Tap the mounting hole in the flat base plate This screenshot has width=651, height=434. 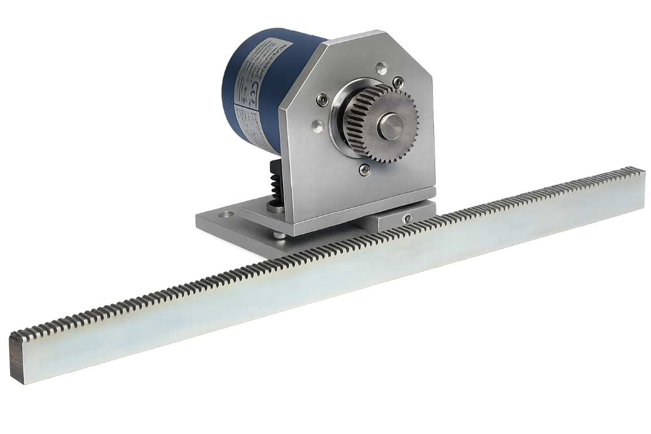click(227, 215)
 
